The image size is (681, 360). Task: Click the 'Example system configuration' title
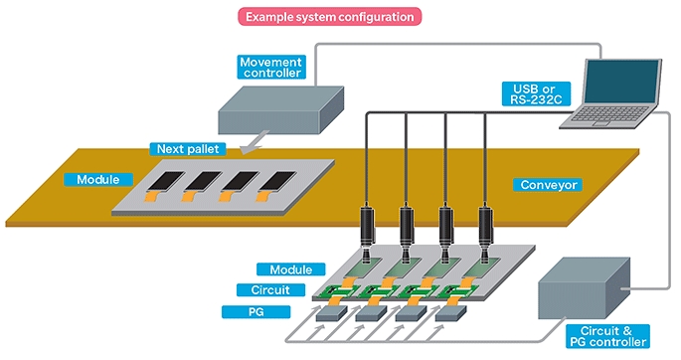(x=330, y=17)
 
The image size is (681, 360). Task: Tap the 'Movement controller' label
(x=271, y=68)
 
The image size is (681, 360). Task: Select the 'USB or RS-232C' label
(x=537, y=94)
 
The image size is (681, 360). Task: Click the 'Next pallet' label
(x=188, y=149)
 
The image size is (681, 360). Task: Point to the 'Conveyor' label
(x=549, y=185)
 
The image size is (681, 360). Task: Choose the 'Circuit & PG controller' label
(x=608, y=336)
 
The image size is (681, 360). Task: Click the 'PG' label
(x=255, y=312)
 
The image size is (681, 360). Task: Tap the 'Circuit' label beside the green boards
(x=270, y=290)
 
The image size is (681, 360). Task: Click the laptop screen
(x=622, y=82)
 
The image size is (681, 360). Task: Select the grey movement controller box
(x=280, y=109)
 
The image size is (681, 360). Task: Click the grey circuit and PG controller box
(x=585, y=288)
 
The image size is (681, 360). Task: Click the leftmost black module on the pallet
(x=165, y=181)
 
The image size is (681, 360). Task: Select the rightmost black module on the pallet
(x=276, y=181)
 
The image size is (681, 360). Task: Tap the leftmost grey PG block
(x=331, y=313)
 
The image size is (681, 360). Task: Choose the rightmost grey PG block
(x=450, y=313)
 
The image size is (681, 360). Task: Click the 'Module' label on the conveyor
(x=98, y=180)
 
